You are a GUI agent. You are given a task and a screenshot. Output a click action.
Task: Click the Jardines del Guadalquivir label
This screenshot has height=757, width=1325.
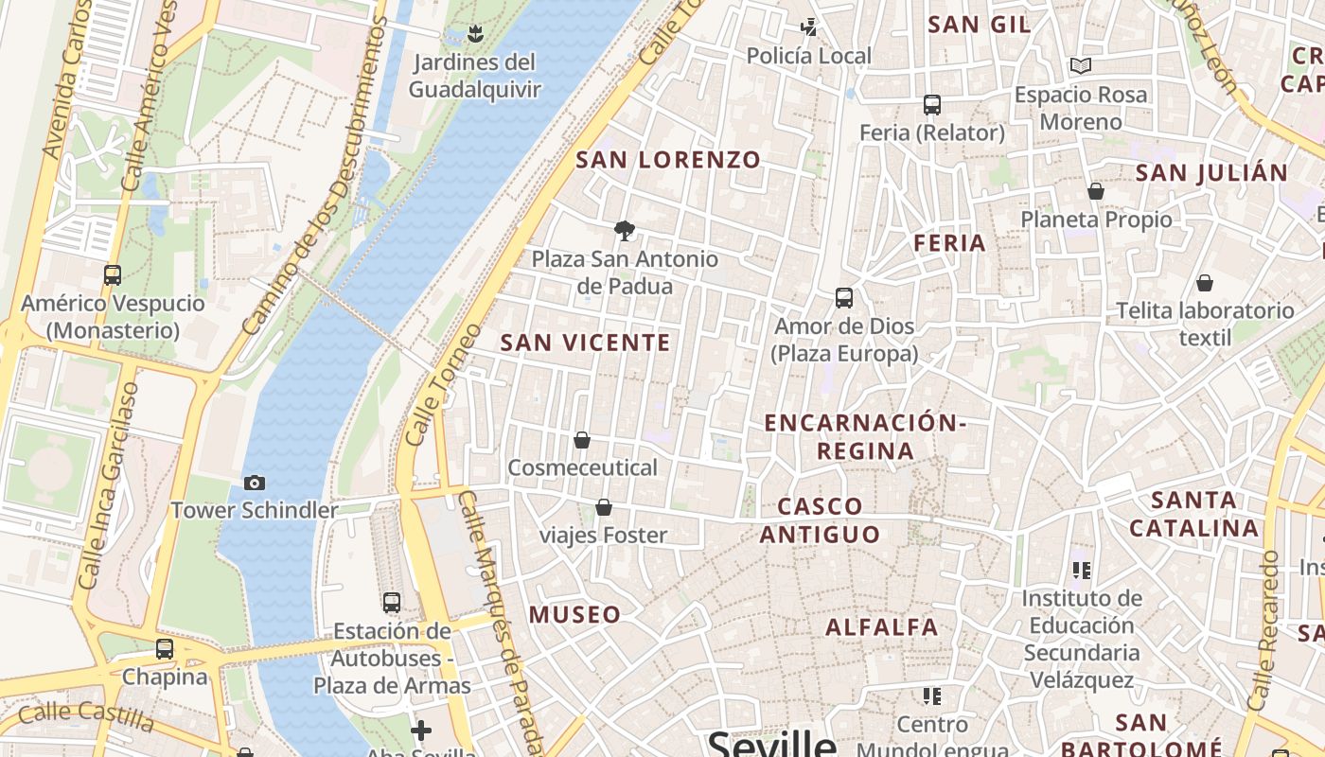click(x=474, y=76)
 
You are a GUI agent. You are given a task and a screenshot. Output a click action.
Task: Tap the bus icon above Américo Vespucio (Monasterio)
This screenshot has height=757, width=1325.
click(x=113, y=275)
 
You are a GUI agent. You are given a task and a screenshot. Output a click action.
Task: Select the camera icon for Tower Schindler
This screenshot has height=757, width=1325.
click(x=254, y=484)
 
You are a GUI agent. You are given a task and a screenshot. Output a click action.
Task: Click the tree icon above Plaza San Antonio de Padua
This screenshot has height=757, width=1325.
click(x=624, y=230)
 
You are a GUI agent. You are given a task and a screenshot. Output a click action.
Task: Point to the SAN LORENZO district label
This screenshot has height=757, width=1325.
click(x=668, y=160)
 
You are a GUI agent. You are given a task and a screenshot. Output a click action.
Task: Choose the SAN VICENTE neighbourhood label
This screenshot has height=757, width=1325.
click(x=585, y=343)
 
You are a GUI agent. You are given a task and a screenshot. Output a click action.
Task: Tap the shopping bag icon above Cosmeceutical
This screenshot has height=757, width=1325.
click(x=582, y=440)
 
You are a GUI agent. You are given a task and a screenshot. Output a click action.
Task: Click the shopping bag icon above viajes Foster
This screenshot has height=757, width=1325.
click(x=604, y=508)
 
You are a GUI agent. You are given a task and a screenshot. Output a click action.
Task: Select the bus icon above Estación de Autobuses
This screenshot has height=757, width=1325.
click(x=392, y=602)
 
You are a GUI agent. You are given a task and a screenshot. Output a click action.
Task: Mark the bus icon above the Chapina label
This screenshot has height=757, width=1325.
click(x=165, y=649)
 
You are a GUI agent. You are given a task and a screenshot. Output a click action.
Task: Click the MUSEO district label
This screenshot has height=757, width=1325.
click(x=575, y=614)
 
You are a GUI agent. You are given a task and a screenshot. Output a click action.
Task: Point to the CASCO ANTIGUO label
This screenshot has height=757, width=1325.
click(x=820, y=520)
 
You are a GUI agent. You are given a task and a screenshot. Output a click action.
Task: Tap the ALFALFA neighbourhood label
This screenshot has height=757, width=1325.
click(x=882, y=626)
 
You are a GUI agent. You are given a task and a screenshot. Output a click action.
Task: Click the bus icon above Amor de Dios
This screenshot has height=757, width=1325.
click(x=844, y=298)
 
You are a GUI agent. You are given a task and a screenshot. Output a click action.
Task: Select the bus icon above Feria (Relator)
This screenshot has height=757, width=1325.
click(x=932, y=105)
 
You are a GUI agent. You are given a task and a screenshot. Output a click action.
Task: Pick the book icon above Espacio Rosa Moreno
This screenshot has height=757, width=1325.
click(x=1081, y=66)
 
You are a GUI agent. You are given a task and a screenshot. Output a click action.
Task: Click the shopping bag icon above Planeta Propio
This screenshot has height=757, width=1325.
click(x=1096, y=192)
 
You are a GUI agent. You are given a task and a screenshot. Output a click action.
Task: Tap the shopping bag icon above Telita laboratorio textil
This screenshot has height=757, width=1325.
click(x=1205, y=283)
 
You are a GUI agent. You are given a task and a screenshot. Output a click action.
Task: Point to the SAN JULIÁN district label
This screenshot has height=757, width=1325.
click(x=1211, y=173)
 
